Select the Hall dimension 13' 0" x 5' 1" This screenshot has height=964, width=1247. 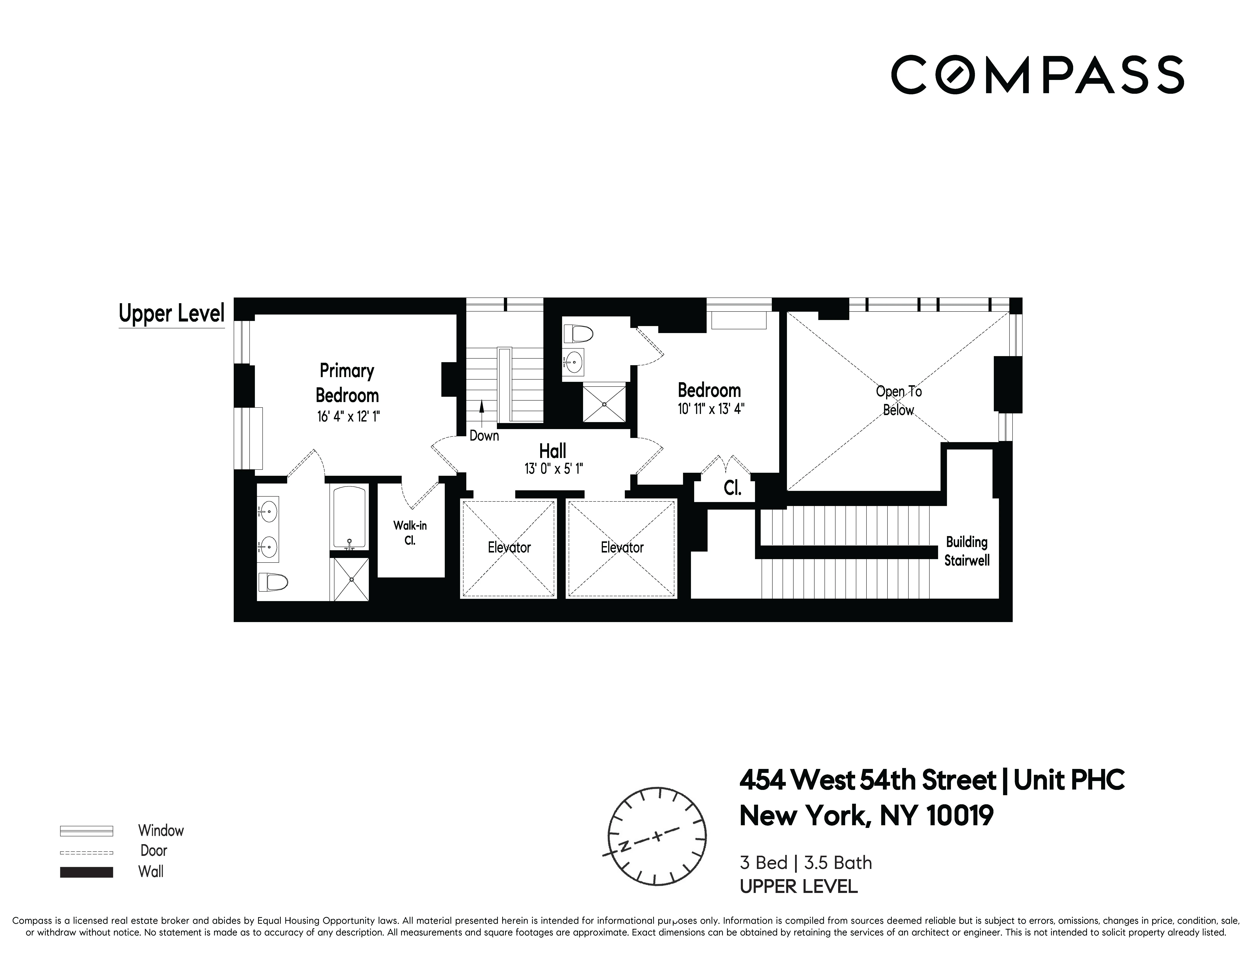coord(553,469)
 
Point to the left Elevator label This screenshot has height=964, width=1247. coord(509,548)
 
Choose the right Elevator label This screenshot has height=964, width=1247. coord(622,548)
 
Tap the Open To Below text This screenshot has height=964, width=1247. coord(899,400)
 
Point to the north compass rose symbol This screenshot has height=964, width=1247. coord(657,837)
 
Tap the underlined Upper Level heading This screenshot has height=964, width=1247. coord(171,314)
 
